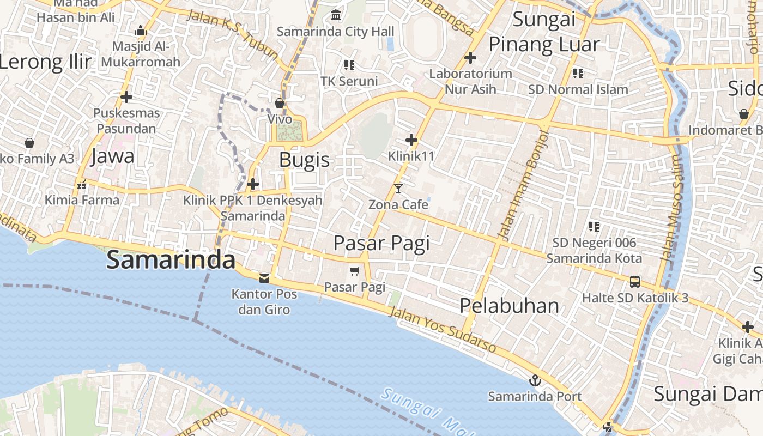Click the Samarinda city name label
coord(171,260)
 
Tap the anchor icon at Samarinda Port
coord(535,380)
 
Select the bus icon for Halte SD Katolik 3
coord(635,282)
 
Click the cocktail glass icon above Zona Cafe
coord(398,189)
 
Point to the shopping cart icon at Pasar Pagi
coord(355,271)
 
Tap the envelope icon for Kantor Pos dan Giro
coord(264,278)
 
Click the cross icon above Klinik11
coord(411,141)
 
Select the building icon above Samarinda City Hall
coord(336,15)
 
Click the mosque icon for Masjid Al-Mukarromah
coord(141,31)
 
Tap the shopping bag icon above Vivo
coord(280,102)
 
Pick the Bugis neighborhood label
coord(305,160)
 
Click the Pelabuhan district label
coord(509,306)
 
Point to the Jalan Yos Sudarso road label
coord(443,330)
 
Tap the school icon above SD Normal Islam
coord(578,73)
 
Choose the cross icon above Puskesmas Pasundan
coord(126,97)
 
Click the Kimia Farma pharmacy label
coord(82,200)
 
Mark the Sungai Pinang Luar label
coord(544,32)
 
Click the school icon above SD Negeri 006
coord(594,226)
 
